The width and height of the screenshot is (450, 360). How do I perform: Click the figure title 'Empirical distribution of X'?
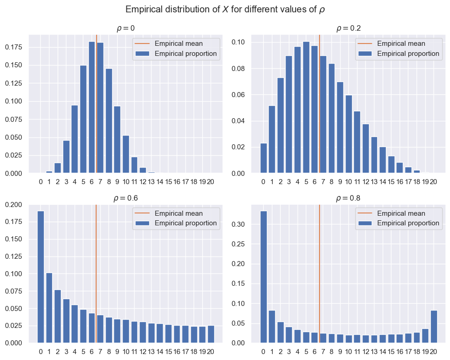coord(225,10)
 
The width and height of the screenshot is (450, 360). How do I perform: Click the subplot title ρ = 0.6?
coord(125,198)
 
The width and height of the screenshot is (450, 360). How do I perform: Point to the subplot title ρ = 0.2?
coord(348,28)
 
